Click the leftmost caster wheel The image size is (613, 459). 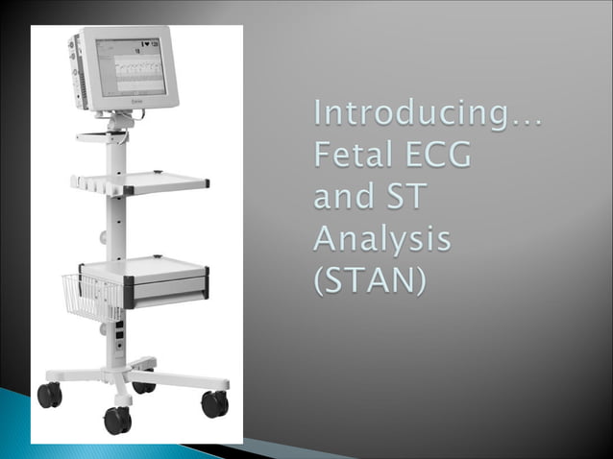click(x=48, y=394)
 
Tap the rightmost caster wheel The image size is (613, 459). click(x=214, y=404)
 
